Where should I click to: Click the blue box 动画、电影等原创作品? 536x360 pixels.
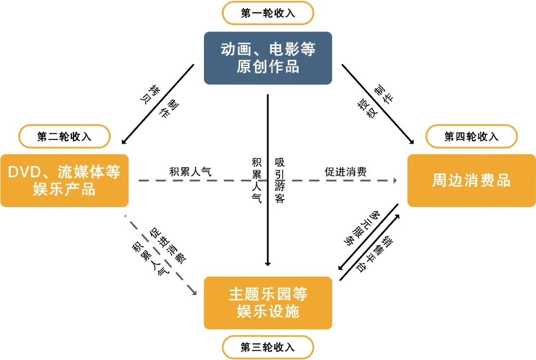[268, 58]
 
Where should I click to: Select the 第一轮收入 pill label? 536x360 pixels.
[268, 13]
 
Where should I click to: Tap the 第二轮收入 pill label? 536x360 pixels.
[65, 137]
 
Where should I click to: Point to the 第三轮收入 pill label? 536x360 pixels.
[268, 347]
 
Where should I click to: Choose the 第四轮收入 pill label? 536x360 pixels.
[471, 137]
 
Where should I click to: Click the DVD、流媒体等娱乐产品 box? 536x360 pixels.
[65, 181]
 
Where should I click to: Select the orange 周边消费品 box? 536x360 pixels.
[471, 181]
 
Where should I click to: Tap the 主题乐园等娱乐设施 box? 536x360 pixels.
[268, 303]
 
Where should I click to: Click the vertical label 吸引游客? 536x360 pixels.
[279, 181]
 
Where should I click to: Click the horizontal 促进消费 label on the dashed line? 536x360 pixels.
[346, 172]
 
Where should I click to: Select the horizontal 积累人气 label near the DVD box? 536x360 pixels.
[191, 172]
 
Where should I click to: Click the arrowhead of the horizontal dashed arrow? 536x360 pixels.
[397, 181]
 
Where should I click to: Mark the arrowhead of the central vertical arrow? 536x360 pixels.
[268, 263]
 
